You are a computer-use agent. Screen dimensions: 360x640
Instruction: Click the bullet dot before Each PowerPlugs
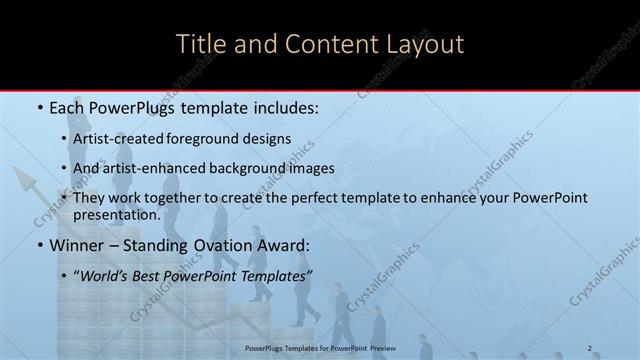click(x=39, y=107)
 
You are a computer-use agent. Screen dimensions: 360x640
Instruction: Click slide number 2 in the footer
click(x=589, y=348)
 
